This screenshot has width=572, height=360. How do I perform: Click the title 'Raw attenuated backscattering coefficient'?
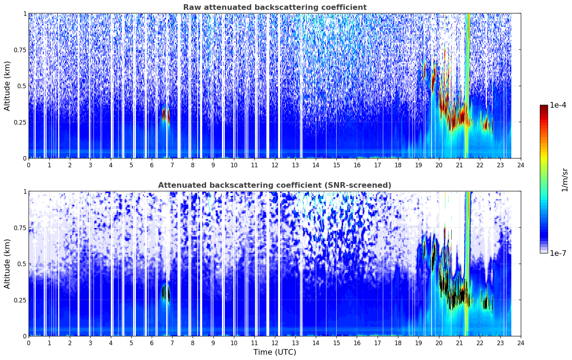275,7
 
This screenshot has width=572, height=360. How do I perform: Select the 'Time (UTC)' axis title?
275,352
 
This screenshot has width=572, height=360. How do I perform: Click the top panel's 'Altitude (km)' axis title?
7,86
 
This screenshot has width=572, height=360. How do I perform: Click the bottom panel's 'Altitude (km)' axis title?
7,264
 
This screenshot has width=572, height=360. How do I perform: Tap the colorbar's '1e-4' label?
558,105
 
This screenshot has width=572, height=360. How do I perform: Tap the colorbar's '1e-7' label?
558,253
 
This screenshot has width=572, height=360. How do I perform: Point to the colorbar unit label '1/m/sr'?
565,180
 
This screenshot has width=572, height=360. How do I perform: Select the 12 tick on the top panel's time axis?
275,165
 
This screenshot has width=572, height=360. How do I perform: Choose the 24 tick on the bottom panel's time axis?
521,343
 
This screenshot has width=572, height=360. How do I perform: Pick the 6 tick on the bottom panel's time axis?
152,343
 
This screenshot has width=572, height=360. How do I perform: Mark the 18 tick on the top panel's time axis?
398,165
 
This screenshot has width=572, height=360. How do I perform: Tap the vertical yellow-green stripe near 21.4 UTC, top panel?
468,85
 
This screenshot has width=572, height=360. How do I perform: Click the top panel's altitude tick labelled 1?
25,13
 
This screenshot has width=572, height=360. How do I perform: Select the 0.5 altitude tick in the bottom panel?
22,264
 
